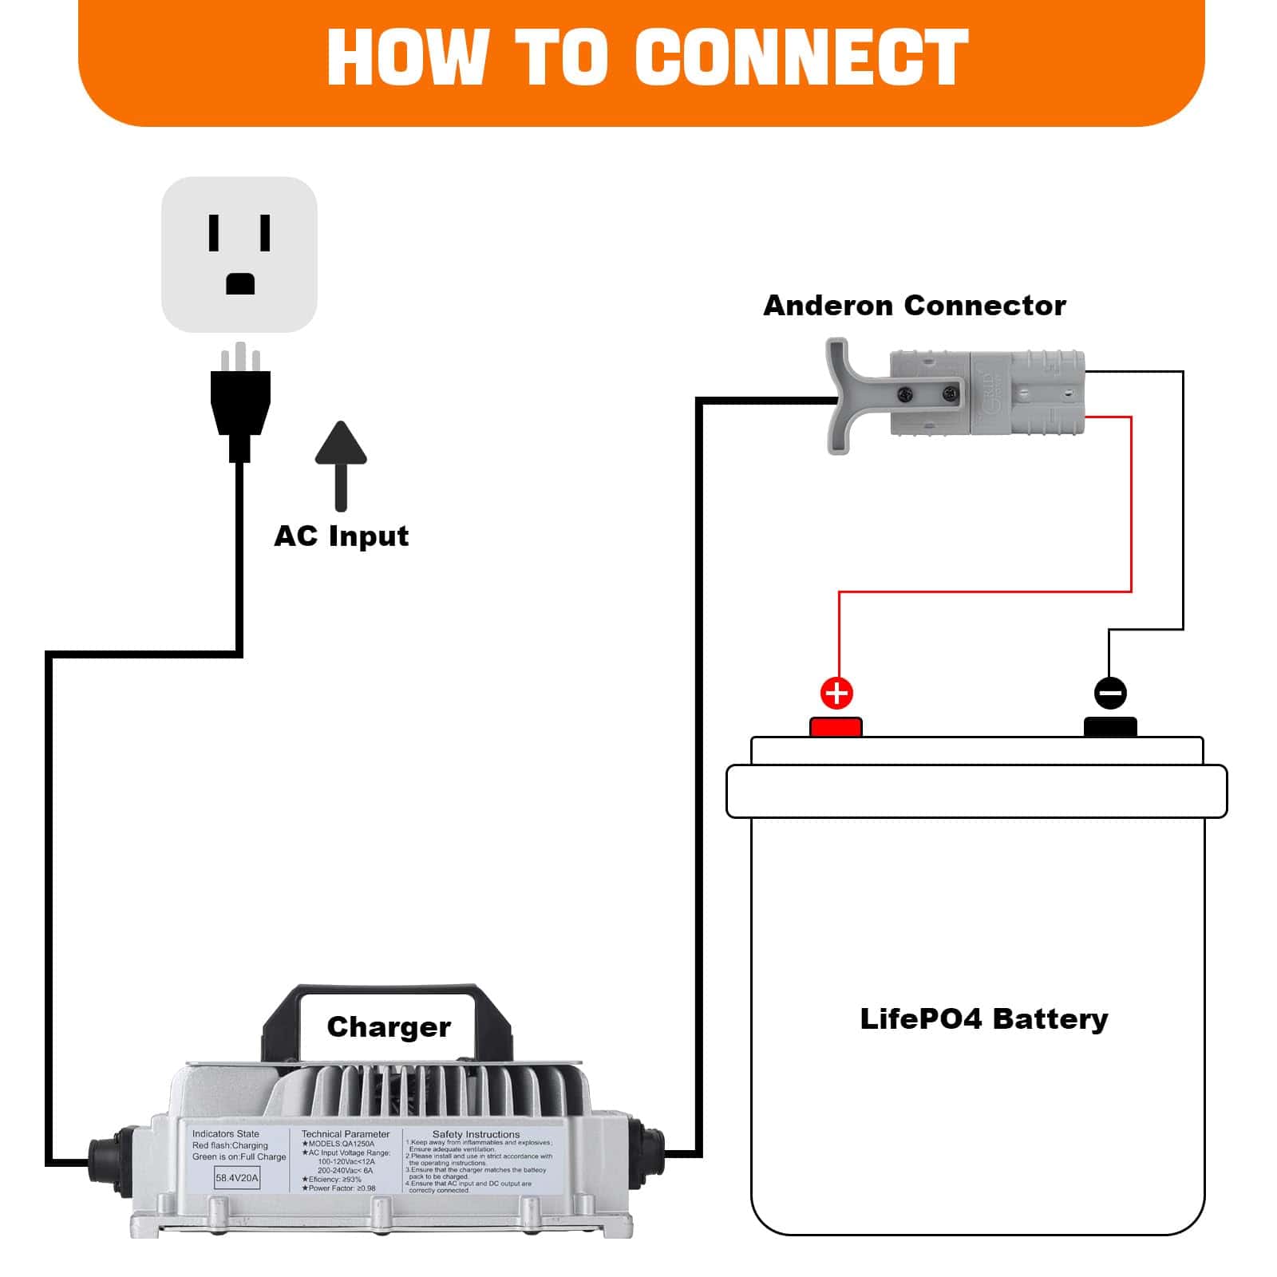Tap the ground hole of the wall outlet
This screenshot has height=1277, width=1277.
(x=240, y=283)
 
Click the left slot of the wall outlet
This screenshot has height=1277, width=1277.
(x=214, y=233)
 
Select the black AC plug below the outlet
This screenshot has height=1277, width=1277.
(x=240, y=403)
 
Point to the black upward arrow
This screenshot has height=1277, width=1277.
(x=341, y=463)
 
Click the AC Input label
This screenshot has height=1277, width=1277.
(x=341, y=536)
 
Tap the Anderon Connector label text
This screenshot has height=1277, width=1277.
(x=914, y=306)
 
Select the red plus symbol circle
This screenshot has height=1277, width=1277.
(x=836, y=693)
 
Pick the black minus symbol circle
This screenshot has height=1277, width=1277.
(x=1110, y=693)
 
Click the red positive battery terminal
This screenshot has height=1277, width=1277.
(x=836, y=727)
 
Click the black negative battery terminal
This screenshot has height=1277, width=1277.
(x=1110, y=727)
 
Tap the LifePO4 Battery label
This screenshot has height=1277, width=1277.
(x=983, y=1019)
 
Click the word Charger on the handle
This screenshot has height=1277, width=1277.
(x=389, y=1027)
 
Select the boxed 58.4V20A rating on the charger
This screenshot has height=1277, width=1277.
(x=237, y=1178)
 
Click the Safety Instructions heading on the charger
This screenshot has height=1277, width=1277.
(x=476, y=1134)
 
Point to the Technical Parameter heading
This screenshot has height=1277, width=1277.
(x=346, y=1134)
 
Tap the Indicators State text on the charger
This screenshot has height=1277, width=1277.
(x=226, y=1134)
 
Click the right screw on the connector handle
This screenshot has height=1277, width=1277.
(x=948, y=393)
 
